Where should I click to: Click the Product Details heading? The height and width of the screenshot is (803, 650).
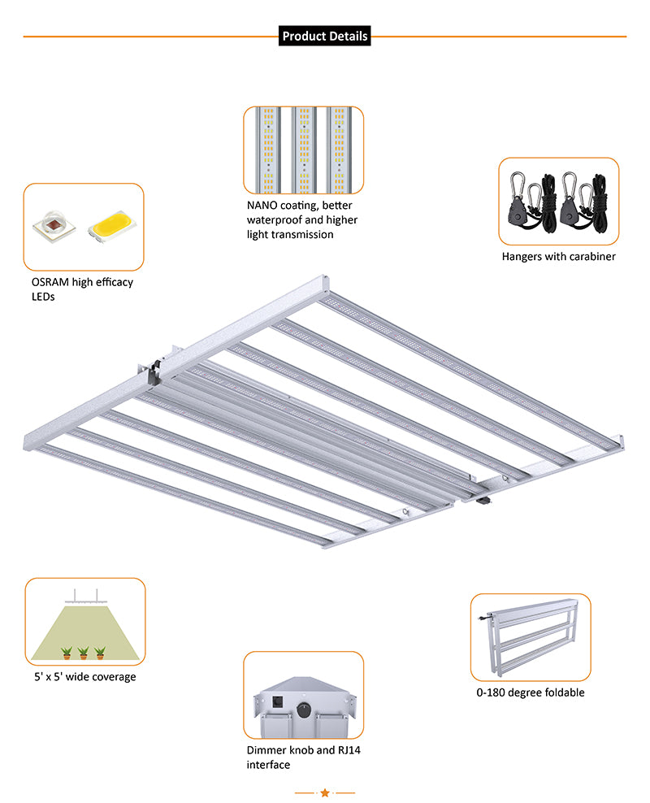(x=324, y=36)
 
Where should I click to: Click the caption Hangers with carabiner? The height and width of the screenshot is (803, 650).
(x=558, y=256)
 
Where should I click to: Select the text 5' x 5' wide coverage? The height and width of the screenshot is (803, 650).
(x=80, y=676)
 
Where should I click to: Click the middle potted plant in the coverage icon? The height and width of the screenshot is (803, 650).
(x=83, y=652)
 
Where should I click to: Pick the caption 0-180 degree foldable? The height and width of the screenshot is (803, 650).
(x=530, y=692)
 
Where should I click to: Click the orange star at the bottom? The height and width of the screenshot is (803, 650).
(x=324, y=792)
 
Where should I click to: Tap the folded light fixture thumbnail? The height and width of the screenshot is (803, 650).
(x=530, y=636)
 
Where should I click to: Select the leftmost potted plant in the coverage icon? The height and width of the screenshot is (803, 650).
(x=66, y=652)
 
